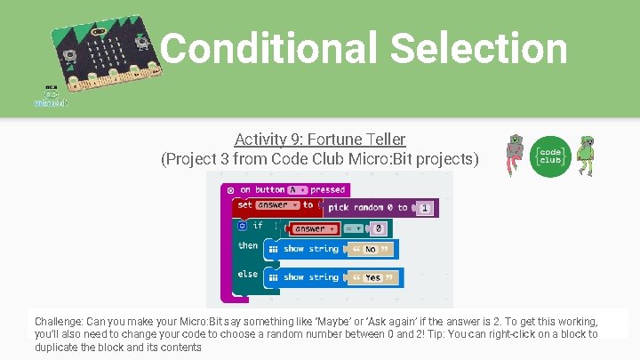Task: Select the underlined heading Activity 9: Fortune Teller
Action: (x=320, y=140)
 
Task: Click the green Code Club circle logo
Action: (x=549, y=155)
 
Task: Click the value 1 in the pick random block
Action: (x=425, y=208)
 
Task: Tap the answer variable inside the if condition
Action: (x=313, y=228)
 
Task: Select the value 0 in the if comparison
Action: (x=378, y=229)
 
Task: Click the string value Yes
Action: (x=372, y=277)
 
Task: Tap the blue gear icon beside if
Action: (x=242, y=226)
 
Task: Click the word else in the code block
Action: (x=248, y=275)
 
